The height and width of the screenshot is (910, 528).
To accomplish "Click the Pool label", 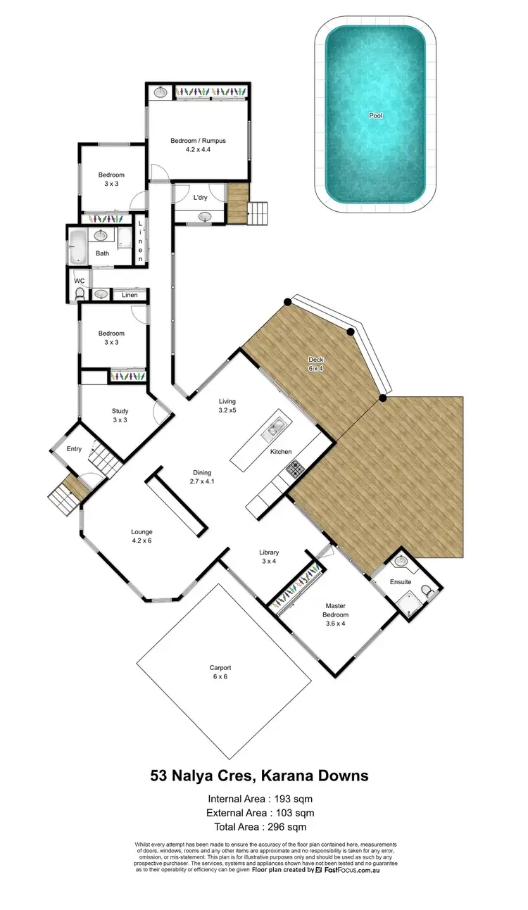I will click(x=376, y=115).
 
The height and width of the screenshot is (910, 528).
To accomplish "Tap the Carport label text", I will click(x=220, y=668).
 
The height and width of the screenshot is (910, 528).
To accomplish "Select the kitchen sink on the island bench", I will click(x=275, y=426).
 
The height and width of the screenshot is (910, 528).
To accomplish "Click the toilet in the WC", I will click(x=80, y=293).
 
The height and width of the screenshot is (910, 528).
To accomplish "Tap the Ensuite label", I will click(x=401, y=582).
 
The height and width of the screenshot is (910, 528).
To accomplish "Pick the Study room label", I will click(x=120, y=416).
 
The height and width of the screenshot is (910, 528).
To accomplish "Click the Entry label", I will click(x=74, y=448).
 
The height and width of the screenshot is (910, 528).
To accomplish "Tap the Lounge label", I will click(x=142, y=536).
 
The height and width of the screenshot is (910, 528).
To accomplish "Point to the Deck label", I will click(x=315, y=363).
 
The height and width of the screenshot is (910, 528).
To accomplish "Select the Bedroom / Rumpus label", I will click(x=199, y=145).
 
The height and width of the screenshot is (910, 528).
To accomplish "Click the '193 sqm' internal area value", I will click(x=294, y=799).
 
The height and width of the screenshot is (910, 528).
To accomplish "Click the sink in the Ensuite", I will click(x=401, y=561).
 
